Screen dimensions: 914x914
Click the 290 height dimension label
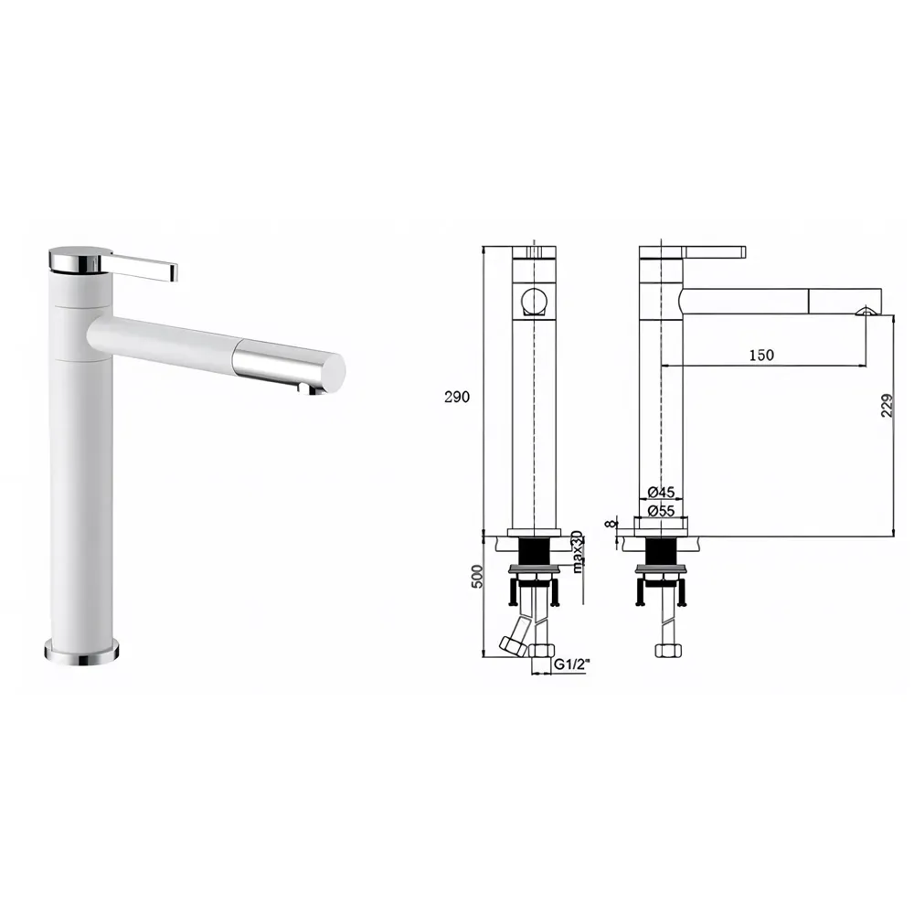pyautogui.click(x=457, y=397)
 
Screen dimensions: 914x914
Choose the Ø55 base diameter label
pyautogui.click(x=660, y=511)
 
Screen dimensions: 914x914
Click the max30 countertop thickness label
pyautogui.click(x=577, y=551)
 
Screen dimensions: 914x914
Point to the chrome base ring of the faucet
pyautogui.click(x=81, y=651)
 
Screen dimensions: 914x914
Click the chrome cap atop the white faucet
pyautogui.click(x=80, y=259)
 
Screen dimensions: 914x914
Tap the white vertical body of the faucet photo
pyautogui.click(x=83, y=484)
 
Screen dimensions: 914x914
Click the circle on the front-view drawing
pyautogui.click(x=533, y=301)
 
